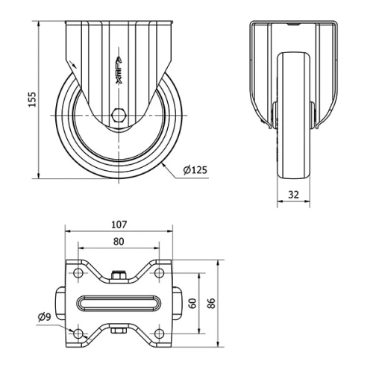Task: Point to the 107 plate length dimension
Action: tap(119, 224)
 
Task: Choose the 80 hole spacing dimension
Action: tap(119, 241)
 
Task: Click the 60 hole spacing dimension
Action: tap(192, 303)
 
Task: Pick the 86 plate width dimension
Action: tap(211, 304)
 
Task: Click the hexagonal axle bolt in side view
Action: tap(119, 116)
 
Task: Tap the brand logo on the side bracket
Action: tap(119, 71)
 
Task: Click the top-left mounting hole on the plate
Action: tap(80, 275)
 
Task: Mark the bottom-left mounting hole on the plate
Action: tap(80, 332)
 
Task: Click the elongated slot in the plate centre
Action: tap(119, 303)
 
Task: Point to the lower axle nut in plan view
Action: tap(119, 331)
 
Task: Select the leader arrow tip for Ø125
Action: tap(161, 160)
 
